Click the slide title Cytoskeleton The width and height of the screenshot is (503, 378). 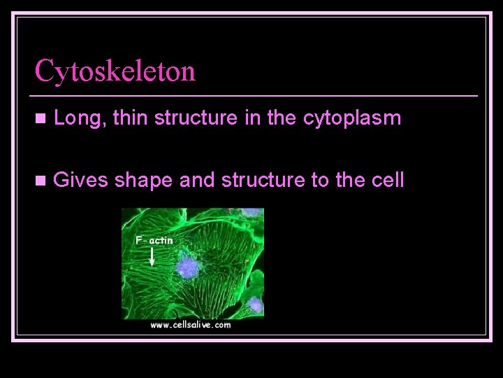[115, 71]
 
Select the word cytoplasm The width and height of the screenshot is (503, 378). [352, 120]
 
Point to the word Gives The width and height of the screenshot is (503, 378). [80, 181]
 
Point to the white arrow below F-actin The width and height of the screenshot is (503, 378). [153, 257]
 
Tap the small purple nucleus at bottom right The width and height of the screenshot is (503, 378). [256, 304]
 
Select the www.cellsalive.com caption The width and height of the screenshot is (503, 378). [190, 325]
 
